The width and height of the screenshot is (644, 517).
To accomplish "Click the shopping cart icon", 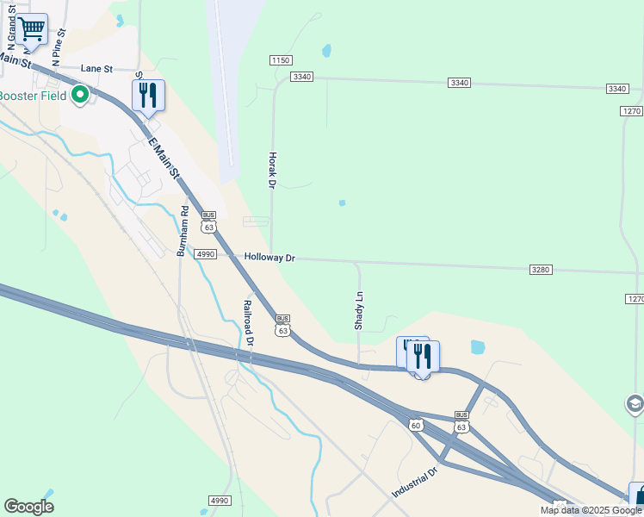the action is click(32, 28).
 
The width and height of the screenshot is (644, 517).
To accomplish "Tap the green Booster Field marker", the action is click(80, 94).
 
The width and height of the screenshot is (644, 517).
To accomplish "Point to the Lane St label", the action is click(97, 68).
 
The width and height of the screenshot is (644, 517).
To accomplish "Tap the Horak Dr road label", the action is click(271, 171).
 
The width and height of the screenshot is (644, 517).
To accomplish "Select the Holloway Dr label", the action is click(269, 258).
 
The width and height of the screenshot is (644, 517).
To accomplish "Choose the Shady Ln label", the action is click(359, 309).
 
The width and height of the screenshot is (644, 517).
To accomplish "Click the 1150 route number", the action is click(281, 59).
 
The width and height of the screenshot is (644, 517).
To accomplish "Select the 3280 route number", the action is click(541, 270).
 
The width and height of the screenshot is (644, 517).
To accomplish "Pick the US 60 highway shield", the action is click(416, 425).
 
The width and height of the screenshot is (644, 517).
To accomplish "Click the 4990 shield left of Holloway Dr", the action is click(205, 254).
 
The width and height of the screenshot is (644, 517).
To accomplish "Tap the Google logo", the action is click(28, 507).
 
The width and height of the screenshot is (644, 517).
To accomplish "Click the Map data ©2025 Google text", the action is click(591, 510).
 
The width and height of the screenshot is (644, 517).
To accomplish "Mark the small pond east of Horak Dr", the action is click(342, 203).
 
